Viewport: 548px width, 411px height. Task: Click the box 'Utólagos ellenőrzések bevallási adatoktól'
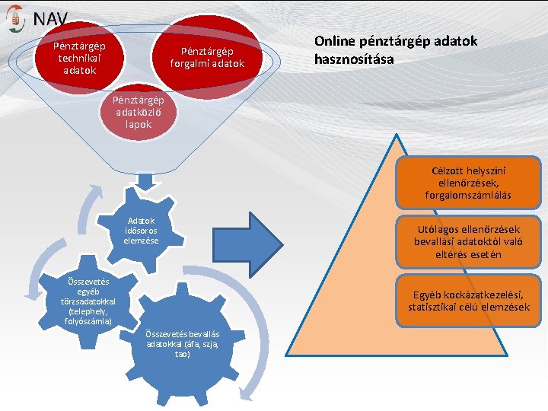(468, 242)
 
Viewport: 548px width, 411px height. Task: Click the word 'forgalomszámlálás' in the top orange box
(468, 196)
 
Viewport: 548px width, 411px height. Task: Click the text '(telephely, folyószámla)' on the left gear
(89, 317)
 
